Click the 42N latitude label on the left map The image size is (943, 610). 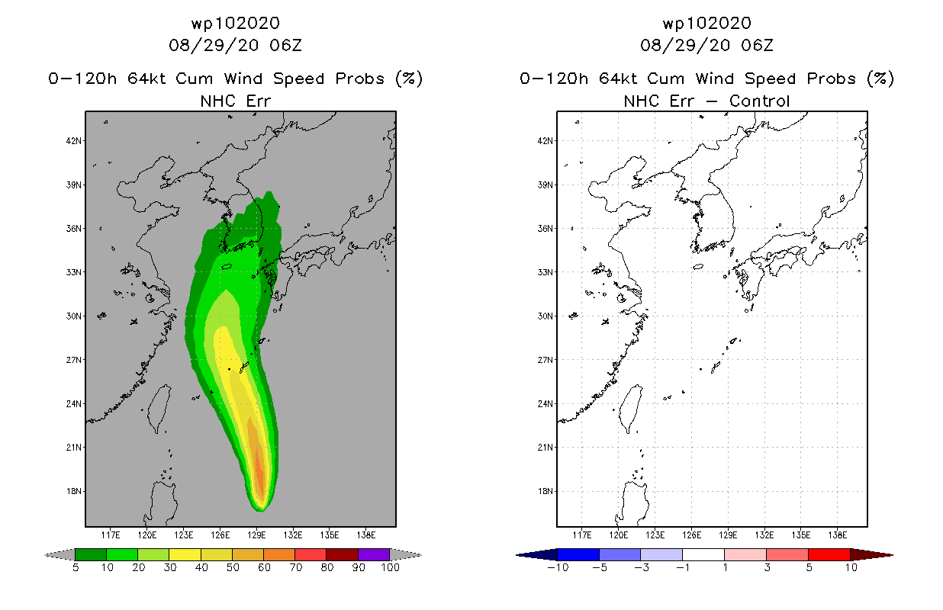pyautogui.click(x=73, y=141)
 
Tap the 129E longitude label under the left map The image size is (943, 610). pyautogui.click(x=256, y=535)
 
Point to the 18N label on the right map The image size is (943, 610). pyautogui.click(x=546, y=491)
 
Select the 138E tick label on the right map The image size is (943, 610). pyautogui.click(x=838, y=535)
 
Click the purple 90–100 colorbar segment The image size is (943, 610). pyautogui.click(x=374, y=554)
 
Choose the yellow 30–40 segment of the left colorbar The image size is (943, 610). pyautogui.click(x=185, y=554)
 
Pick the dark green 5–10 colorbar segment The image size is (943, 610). pyautogui.click(x=91, y=554)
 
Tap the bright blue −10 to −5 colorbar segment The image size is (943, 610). pyautogui.click(x=578, y=554)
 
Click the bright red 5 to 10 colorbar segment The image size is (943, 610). pyautogui.click(x=829, y=554)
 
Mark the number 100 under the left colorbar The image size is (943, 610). pyautogui.click(x=390, y=567)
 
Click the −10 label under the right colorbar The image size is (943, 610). pyautogui.click(x=558, y=567)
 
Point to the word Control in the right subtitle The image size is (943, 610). pyautogui.click(x=759, y=101)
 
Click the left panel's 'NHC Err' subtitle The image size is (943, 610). pyautogui.click(x=236, y=101)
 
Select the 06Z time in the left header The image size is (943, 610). pyautogui.click(x=286, y=45)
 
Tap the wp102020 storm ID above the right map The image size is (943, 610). pyautogui.click(x=707, y=23)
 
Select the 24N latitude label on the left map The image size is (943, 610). pyautogui.click(x=73, y=404)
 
